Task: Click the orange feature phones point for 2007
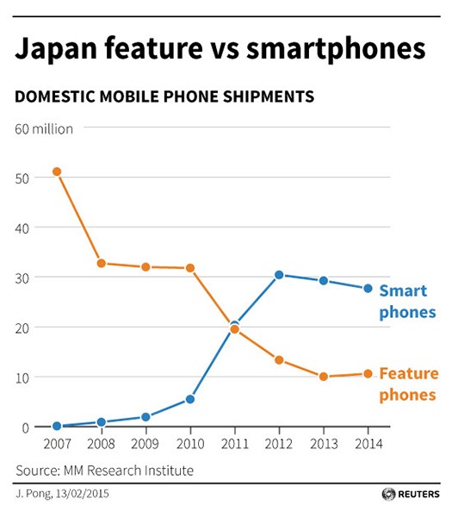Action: click(x=57, y=171)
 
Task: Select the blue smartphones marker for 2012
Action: click(x=279, y=275)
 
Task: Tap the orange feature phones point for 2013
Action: click(x=324, y=377)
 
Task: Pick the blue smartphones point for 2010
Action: click(x=190, y=399)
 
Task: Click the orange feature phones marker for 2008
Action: click(x=102, y=263)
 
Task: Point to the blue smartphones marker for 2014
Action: click(x=368, y=289)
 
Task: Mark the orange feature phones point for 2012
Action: click(x=279, y=359)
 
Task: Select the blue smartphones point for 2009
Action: click(x=146, y=417)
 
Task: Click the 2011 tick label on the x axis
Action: click(x=234, y=444)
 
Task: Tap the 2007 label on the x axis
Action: click(x=57, y=444)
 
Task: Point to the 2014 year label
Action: click(x=368, y=444)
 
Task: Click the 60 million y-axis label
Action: click(x=43, y=128)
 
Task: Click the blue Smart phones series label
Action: click(x=407, y=301)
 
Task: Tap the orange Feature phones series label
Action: click(x=409, y=384)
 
